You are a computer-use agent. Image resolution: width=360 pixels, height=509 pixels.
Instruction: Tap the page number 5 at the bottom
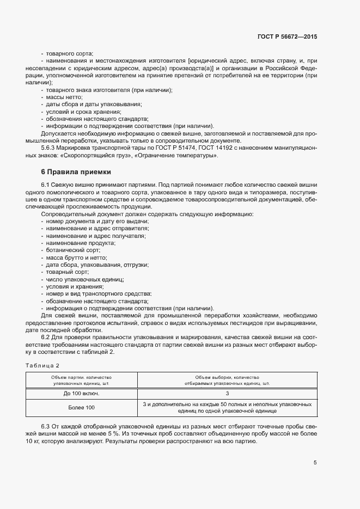[315, 463]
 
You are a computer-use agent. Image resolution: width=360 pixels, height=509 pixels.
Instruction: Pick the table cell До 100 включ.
[81, 393]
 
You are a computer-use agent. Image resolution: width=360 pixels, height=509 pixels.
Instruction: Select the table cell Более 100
[81, 408]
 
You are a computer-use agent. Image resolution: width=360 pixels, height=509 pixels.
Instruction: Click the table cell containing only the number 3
[227, 393]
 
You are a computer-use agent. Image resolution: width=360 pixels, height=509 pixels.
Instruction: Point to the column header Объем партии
[81, 380]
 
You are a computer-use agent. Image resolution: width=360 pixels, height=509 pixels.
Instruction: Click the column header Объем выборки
[227, 380]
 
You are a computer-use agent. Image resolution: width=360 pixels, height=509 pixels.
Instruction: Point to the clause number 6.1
[46, 185]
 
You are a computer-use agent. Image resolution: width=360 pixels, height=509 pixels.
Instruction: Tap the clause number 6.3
[46, 425]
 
